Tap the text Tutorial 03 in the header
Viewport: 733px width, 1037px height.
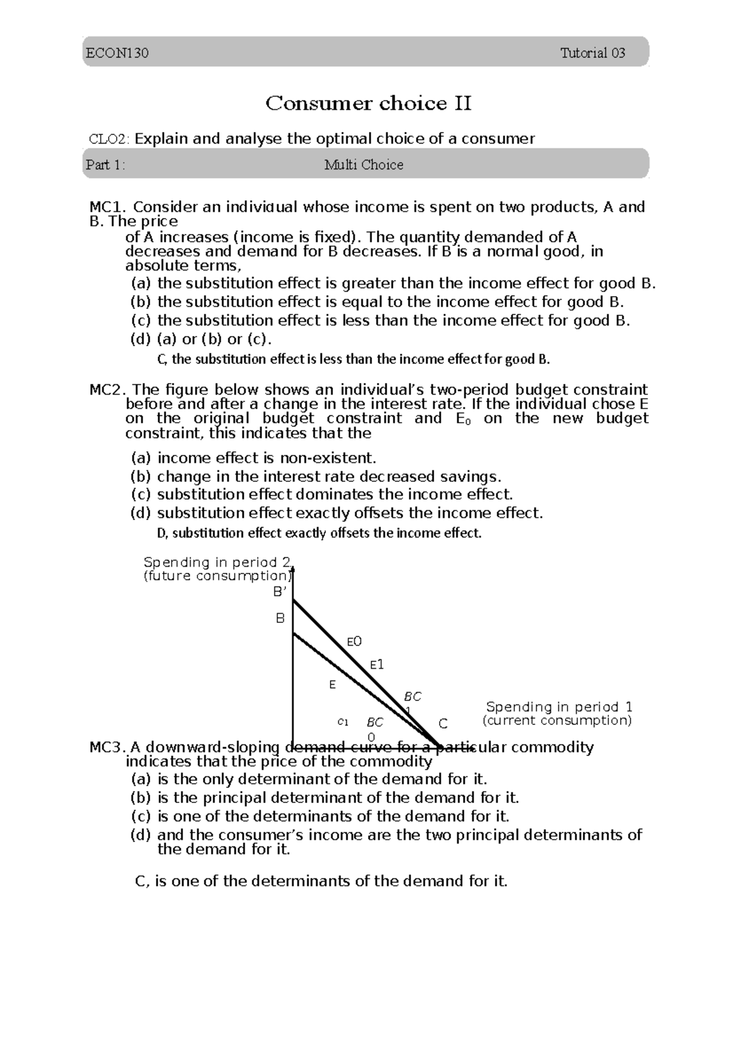point(593,53)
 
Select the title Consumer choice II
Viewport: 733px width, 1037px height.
point(368,104)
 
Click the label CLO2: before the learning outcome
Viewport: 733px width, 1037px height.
point(109,139)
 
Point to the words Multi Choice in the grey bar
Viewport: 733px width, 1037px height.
point(363,165)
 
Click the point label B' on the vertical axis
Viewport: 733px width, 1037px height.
point(280,592)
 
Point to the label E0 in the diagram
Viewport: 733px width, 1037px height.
point(354,641)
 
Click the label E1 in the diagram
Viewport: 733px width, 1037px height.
point(377,664)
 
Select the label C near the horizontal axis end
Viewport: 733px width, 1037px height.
point(443,724)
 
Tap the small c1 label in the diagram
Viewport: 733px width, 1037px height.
point(343,722)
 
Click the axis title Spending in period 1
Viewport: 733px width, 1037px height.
point(558,707)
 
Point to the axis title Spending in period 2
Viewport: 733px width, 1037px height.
point(218,562)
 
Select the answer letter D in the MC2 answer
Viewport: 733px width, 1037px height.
point(161,533)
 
